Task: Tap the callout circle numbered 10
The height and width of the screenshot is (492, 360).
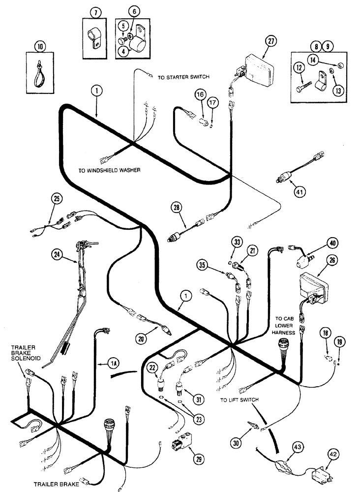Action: (39, 48)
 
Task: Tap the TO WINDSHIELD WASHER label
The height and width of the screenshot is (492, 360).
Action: (109, 171)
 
